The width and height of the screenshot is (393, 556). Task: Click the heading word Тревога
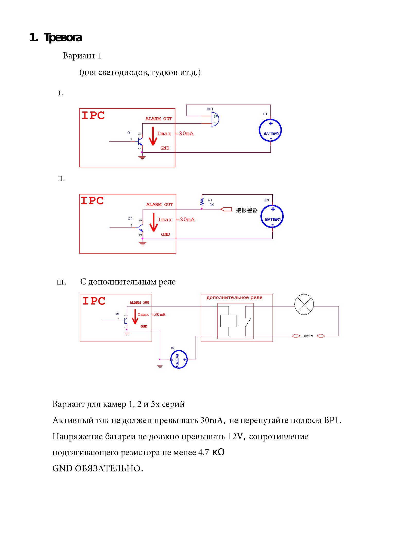point(63,38)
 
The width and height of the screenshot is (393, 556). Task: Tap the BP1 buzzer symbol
point(215,119)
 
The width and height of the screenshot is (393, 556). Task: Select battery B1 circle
point(270,130)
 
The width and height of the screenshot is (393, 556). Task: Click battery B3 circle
point(272,216)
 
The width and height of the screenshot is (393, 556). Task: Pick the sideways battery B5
point(179,359)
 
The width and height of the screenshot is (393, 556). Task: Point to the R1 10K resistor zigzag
point(202,202)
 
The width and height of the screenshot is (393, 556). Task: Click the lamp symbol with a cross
point(304,305)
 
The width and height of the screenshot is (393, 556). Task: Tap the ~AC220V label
point(308,336)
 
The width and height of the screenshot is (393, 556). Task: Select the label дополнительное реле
point(234,298)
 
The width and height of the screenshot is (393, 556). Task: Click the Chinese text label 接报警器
point(247,210)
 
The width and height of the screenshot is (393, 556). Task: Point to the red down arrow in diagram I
point(153,136)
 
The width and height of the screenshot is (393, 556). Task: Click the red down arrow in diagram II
point(154,222)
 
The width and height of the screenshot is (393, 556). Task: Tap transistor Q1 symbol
point(140,141)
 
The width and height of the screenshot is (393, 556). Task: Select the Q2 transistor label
point(130,219)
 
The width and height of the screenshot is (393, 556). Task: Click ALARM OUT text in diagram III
point(139,303)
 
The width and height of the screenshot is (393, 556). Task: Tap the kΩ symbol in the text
point(219,452)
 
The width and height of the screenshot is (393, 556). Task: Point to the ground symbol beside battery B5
point(160,366)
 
